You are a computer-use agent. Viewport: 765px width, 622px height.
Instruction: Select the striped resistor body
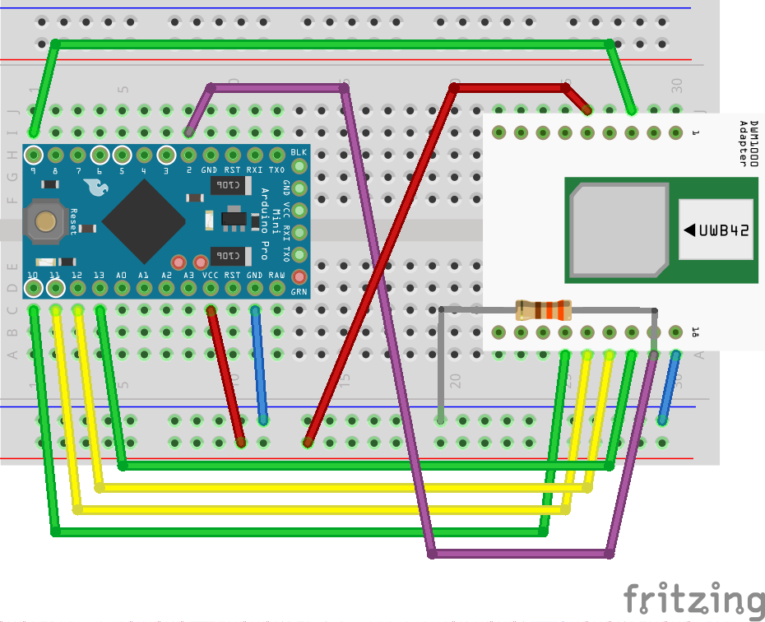(543, 310)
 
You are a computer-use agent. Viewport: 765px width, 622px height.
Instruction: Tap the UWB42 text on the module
(724, 230)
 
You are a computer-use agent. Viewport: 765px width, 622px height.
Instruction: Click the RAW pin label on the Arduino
(277, 275)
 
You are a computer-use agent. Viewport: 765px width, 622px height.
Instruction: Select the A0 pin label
(121, 275)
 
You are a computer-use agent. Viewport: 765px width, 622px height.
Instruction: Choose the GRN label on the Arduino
(299, 291)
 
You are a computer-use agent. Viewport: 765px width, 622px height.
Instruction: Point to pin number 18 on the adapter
(695, 332)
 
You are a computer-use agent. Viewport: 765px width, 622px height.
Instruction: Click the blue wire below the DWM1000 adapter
(669, 387)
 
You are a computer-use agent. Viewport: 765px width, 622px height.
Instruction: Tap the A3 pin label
(188, 275)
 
